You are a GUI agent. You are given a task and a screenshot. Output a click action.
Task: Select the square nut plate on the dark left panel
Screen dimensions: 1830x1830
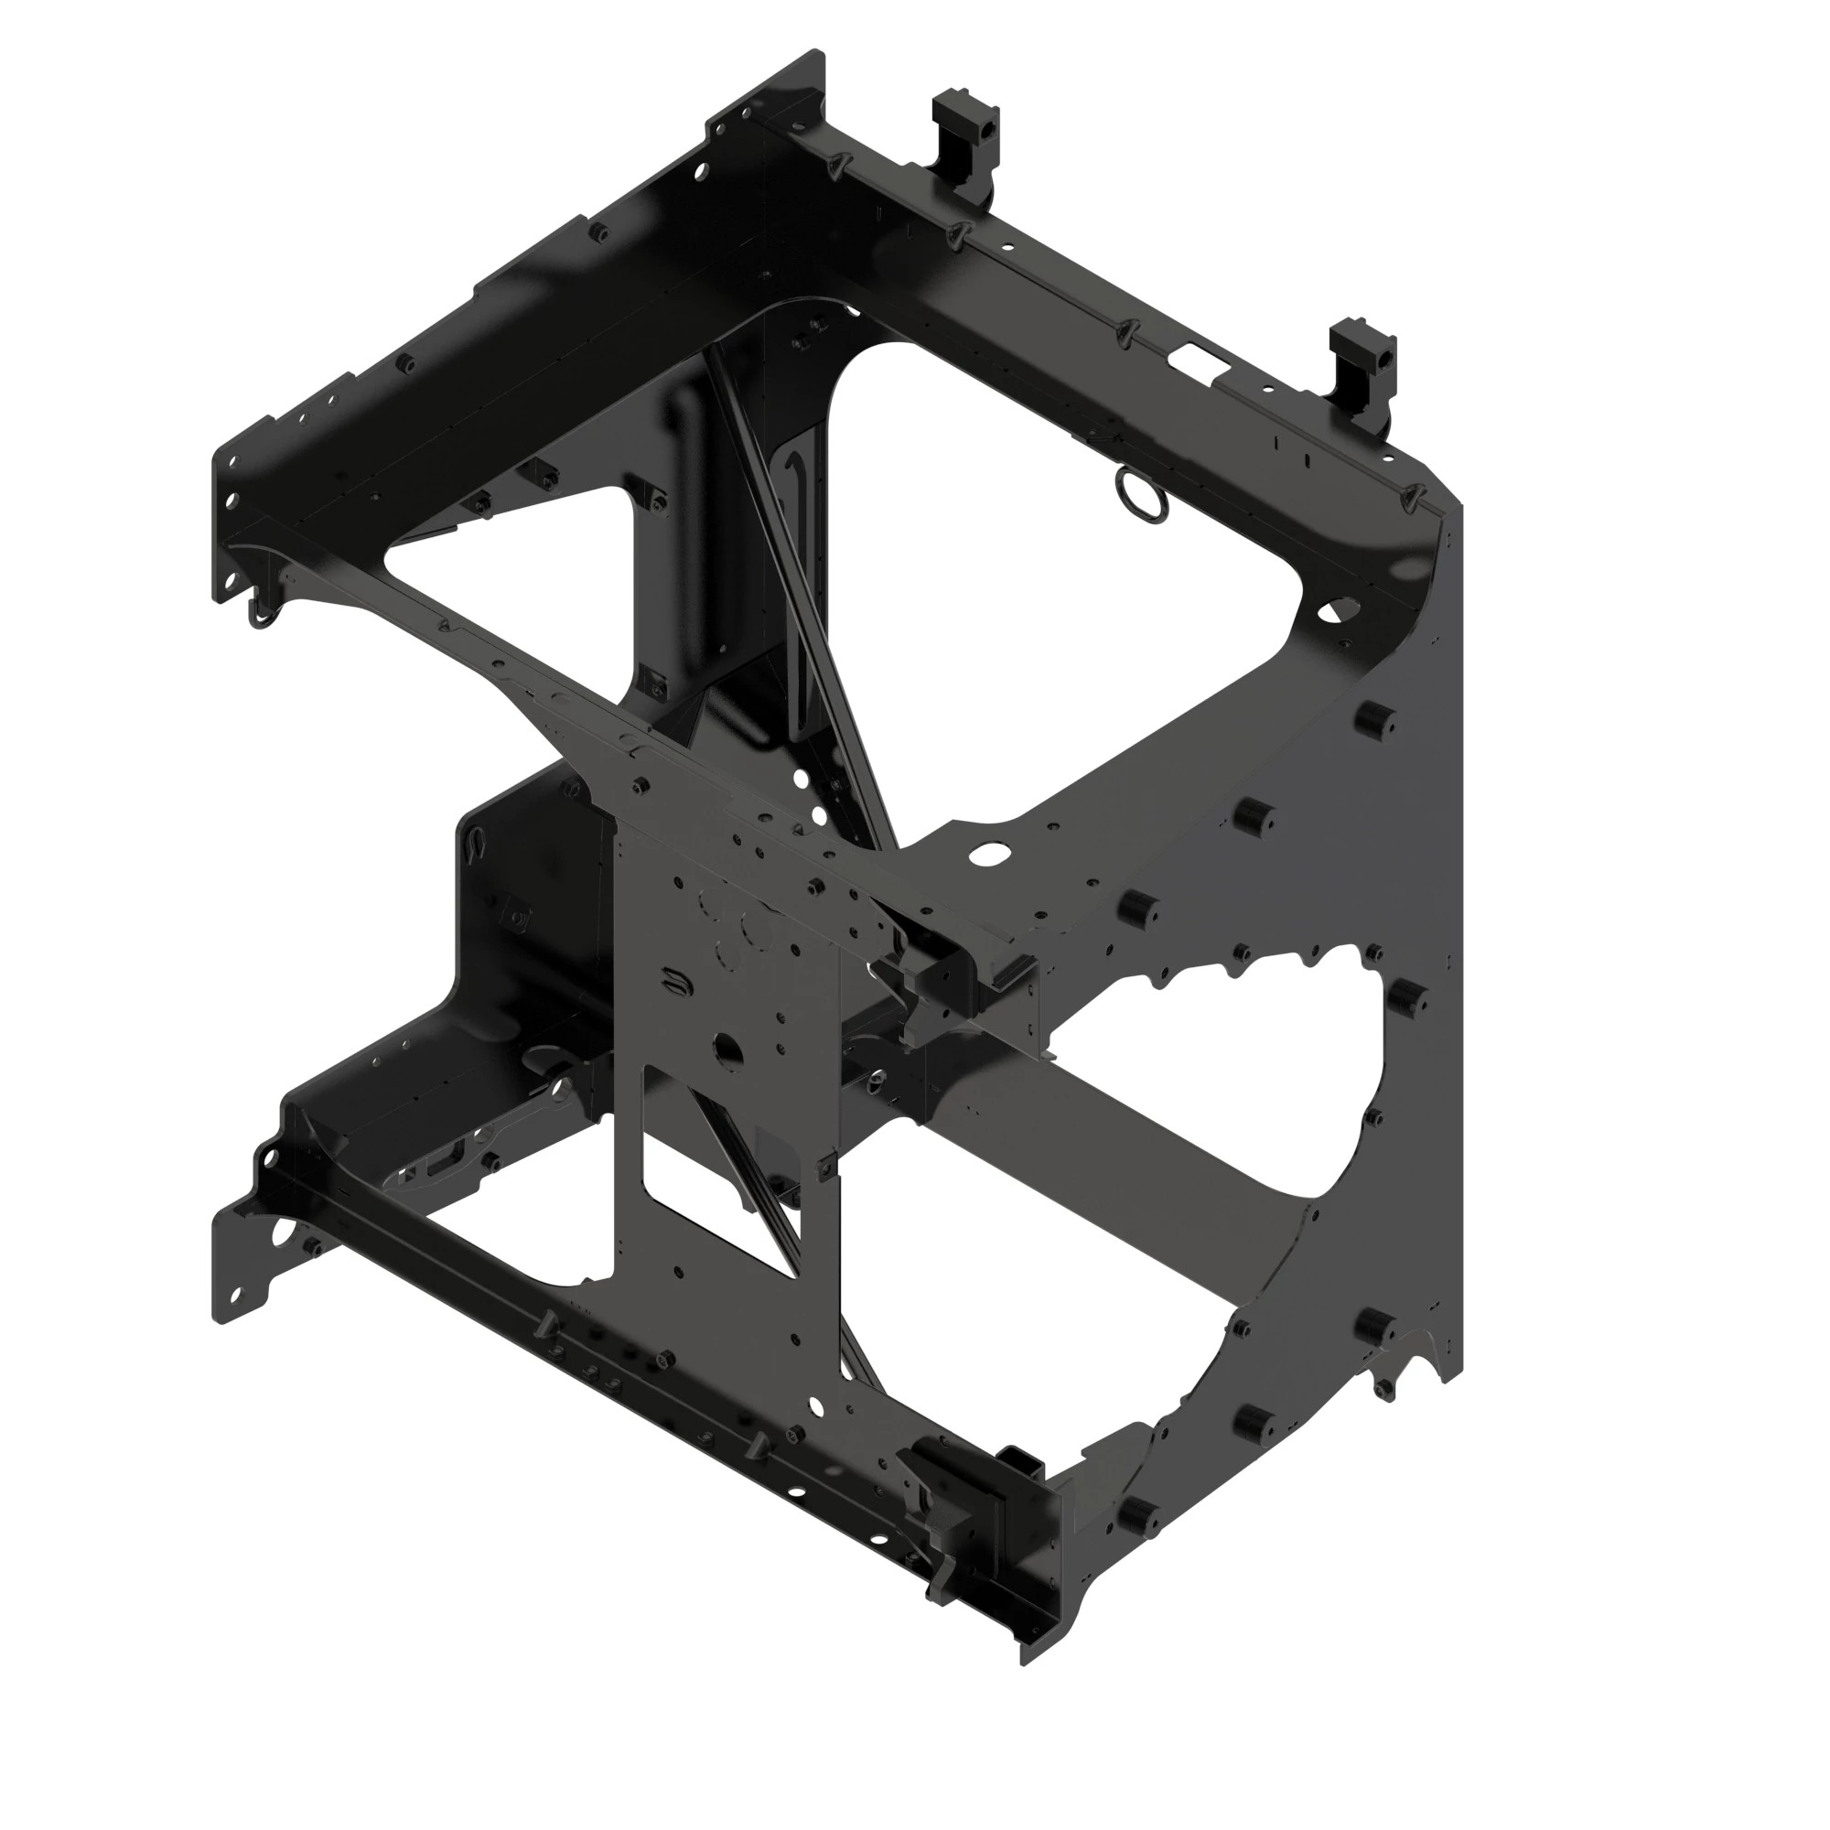pyautogui.click(x=517, y=915)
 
